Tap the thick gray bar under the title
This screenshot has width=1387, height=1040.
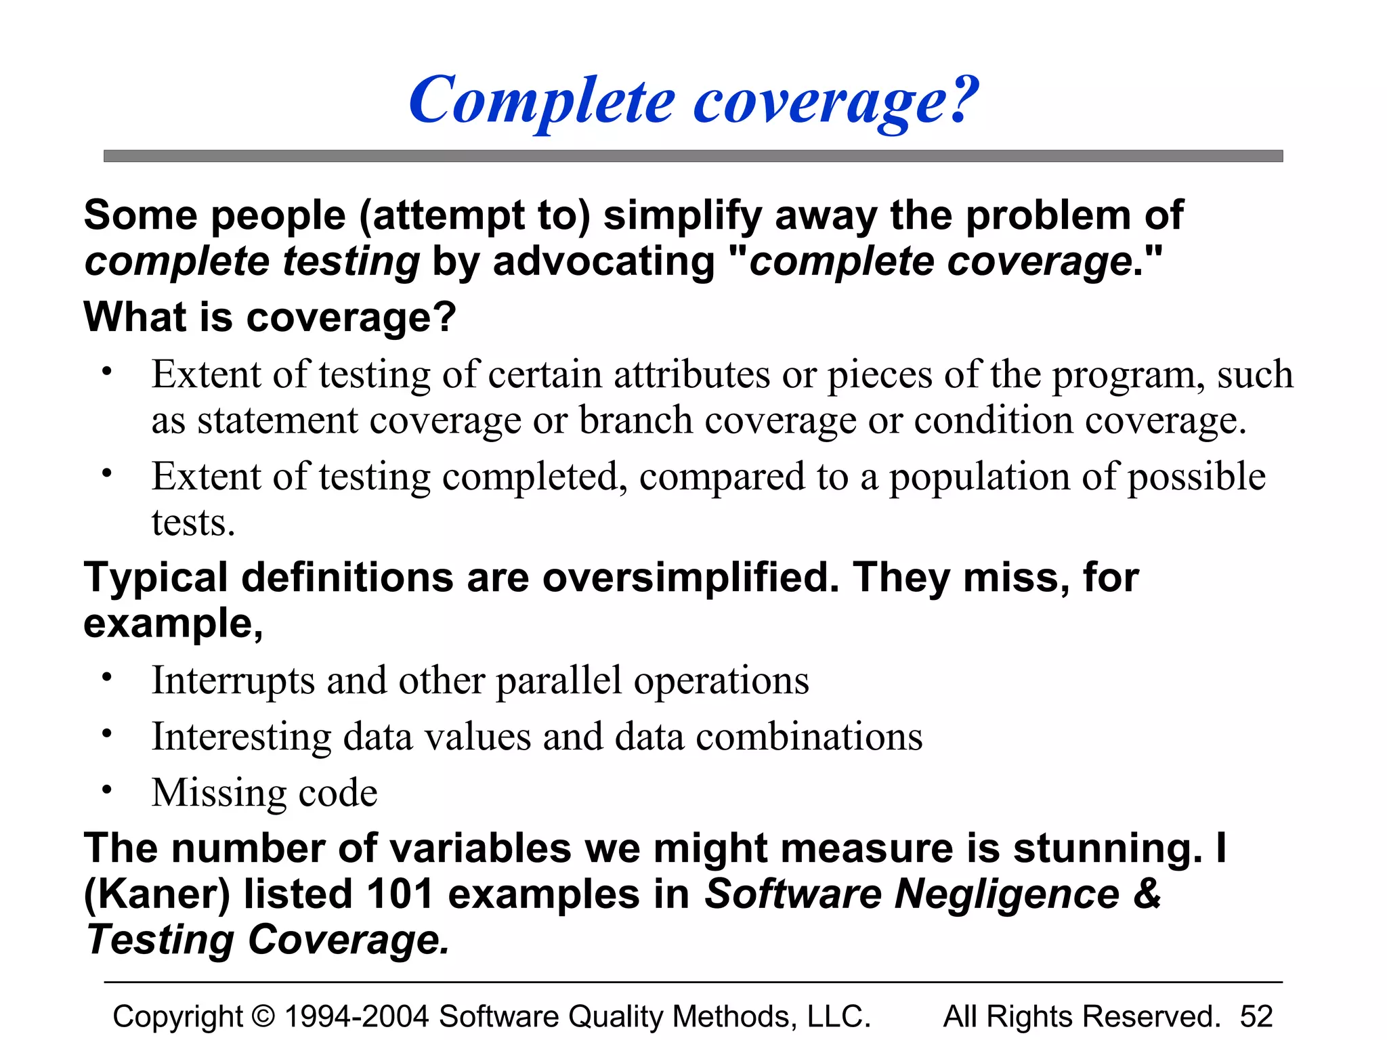[693, 156]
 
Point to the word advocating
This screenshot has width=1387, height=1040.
[603, 262]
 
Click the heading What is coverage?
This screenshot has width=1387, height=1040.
[270, 317]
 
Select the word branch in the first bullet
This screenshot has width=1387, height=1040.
[635, 420]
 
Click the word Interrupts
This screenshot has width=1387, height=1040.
[233, 680]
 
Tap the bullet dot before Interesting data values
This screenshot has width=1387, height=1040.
[106, 733]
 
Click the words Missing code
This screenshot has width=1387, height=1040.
[264, 793]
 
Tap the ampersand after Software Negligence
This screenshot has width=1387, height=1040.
[1147, 894]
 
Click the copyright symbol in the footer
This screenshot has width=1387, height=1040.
[263, 1016]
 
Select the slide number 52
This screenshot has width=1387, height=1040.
[1256, 1016]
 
